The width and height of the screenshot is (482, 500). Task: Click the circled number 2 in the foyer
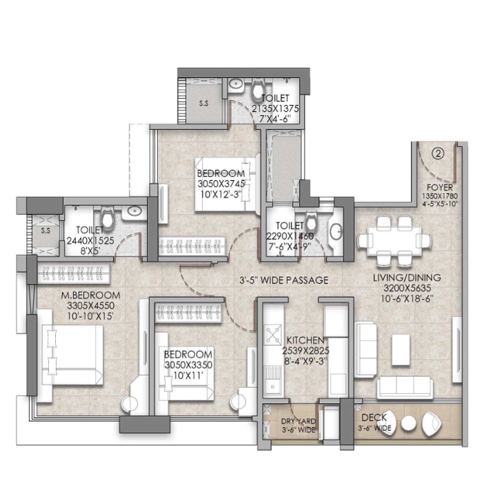point(438,154)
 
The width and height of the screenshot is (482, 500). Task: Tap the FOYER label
point(440,187)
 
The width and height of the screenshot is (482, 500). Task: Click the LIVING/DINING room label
point(407,278)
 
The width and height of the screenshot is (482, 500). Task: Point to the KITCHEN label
point(305,340)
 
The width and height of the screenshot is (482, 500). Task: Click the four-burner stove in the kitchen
point(273,334)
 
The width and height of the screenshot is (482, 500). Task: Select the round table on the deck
point(408,423)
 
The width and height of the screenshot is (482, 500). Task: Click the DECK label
point(374,417)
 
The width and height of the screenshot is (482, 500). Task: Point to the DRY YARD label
point(299,421)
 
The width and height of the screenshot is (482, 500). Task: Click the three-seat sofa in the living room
point(405,387)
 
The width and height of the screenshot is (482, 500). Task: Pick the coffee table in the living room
point(401,349)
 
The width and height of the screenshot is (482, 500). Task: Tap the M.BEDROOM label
point(91,295)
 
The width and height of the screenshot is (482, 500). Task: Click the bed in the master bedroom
point(72,354)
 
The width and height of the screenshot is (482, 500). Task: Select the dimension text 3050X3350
point(188,365)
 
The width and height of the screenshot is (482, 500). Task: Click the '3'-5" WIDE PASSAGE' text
point(284,280)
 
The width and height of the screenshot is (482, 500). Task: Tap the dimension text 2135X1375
point(276,108)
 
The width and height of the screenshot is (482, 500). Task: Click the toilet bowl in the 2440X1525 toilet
point(107,218)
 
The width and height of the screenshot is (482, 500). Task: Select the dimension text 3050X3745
point(221,184)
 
